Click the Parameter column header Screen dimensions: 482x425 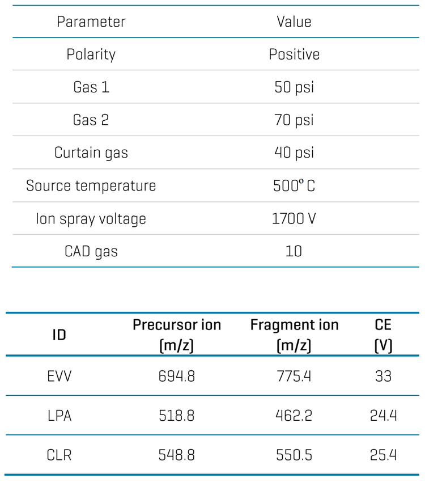coord(91,22)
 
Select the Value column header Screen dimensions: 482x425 coord(294,22)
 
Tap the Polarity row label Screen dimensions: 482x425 coord(91,54)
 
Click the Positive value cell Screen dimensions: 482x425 coord(294,54)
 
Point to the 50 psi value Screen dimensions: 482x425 coord(294,87)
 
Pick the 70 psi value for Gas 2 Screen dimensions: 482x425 coord(294,120)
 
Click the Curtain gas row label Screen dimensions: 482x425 coord(91,153)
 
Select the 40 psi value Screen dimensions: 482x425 coord(294,153)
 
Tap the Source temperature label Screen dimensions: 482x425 coord(91,185)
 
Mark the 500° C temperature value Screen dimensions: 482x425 coord(294,185)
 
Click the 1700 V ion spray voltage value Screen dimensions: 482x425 coord(294,219)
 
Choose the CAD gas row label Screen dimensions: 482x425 coord(91,251)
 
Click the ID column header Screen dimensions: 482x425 coord(59,335)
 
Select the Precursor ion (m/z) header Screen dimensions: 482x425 coord(177,335)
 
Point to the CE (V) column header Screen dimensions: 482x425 coord(383,335)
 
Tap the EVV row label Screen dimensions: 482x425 coord(59,376)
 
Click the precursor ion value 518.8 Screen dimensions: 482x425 coord(177,416)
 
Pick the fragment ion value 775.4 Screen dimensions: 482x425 coord(294,376)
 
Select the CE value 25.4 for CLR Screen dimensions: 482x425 coord(383,455)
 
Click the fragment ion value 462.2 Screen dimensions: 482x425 coord(294,416)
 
